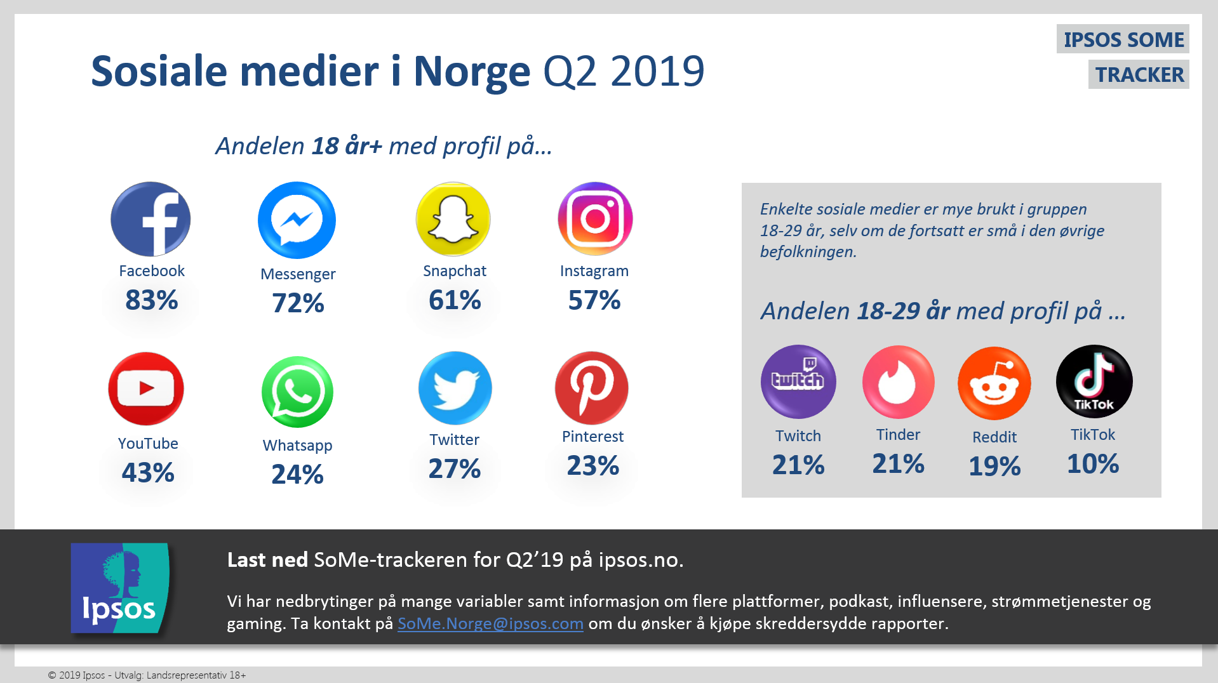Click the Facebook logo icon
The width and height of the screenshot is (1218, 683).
(x=151, y=219)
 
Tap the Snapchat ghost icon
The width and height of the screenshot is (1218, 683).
(x=453, y=219)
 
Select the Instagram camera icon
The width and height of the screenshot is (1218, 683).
(x=595, y=219)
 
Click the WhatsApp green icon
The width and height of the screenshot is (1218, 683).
(x=297, y=392)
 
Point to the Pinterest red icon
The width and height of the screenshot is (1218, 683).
(x=591, y=388)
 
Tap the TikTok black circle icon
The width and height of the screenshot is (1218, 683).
(x=1094, y=381)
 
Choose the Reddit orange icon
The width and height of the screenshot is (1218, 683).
(x=994, y=383)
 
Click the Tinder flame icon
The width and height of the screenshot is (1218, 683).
(x=898, y=382)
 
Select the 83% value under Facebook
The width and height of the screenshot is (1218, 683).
(x=151, y=300)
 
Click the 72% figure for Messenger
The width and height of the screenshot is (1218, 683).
(x=298, y=303)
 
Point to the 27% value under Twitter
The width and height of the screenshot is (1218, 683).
(x=454, y=468)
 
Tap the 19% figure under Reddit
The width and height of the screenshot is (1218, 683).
(x=994, y=466)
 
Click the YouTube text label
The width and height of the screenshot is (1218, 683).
(x=148, y=443)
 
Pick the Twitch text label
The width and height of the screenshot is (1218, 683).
(x=798, y=435)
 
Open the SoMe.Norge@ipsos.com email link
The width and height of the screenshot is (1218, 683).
(x=490, y=623)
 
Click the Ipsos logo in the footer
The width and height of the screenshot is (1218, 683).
(x=120, y=588)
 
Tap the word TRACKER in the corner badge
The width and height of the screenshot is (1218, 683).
(x=1139, y=74)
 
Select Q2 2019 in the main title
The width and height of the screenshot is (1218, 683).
(x=624, y=71)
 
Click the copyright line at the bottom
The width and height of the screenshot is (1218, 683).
(x=147, y=675)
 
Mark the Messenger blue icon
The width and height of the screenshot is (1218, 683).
(x=297, y=220)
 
